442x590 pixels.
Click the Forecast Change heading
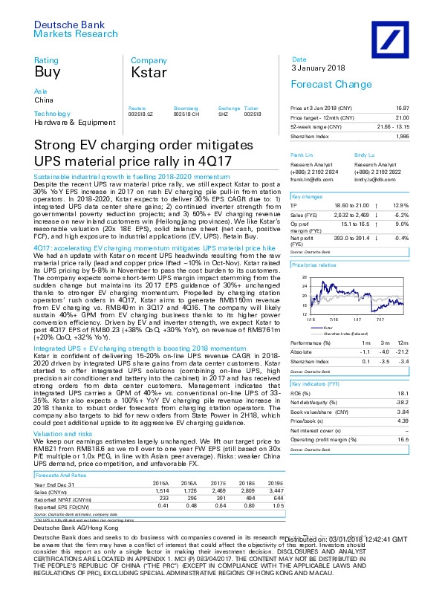322,84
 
